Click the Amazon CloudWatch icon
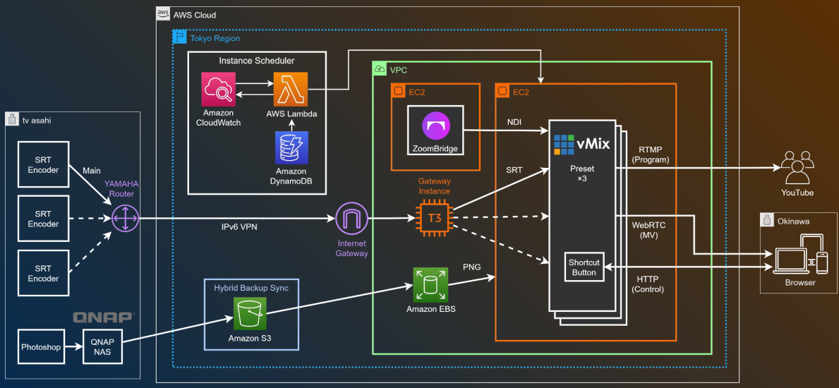click(x=218, y=89)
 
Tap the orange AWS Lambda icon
click(x=291, y=89)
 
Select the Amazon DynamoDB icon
click(x=291, y=149)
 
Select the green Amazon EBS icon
click(x=430, y=285)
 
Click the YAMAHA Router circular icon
click(x=125, y=219)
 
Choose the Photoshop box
click(x=41, y=347)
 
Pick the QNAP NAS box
click(x=102, y=347)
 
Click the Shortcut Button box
click(x=584, y=267)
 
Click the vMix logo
click(x=581, y=145)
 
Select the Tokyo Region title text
click(x=215, y=39)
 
